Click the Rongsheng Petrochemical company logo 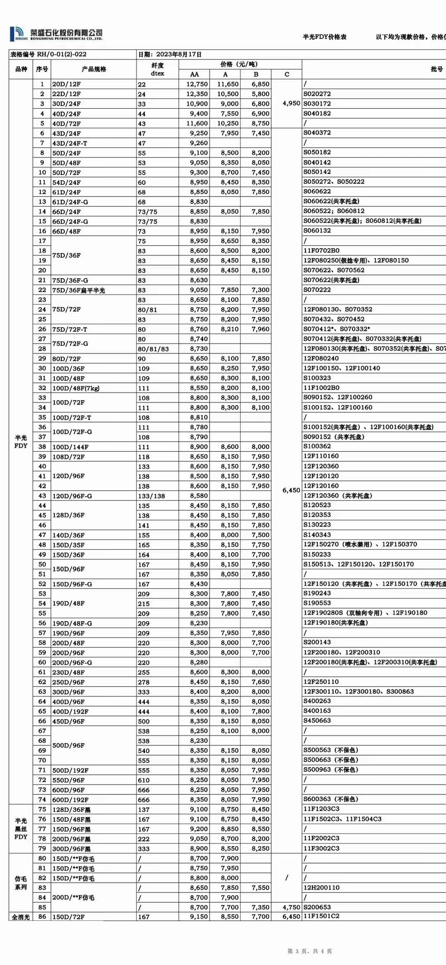click(56, 34)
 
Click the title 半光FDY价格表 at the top click(325, 37)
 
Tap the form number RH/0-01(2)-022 click(62, 55)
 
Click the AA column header click(194, 74)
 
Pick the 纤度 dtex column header click(157, 69)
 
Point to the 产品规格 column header click(94, 69)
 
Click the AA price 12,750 click(197, 84)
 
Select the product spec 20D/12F click(66, 84)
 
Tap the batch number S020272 click(317, 94)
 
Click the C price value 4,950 click(291, 103)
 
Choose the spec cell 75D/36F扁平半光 click(78, 290)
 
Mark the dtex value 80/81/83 click(153, 349)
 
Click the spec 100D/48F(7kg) click(76, 388)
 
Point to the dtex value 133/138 click(152, 496)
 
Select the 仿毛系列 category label click(21, 883)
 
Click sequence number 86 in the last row click(42, 917)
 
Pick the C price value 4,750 click(291, 907)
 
